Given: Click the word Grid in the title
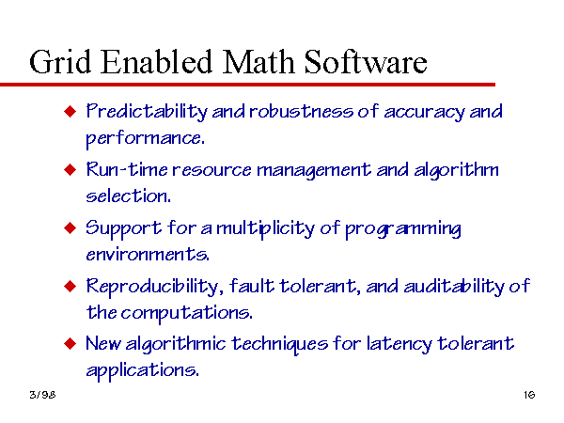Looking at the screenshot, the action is [x=60, y=62].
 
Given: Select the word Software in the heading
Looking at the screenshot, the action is [x=366, y=62].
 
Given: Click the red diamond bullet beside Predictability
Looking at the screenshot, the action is [x=70, y=111].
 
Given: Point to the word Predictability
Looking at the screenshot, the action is [x=147, y=112].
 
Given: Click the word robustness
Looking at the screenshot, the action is [x=301, y=111].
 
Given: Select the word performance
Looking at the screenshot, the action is [x=146, y=138].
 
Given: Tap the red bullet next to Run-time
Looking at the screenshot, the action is [x=70, y=169].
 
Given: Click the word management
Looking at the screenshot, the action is [x=313, y=170].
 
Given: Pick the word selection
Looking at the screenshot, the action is [x=128, y=196].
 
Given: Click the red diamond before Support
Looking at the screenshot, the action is [x=70, y=227].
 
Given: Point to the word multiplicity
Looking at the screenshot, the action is [x=265, y=228].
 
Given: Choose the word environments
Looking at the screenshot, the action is [x=148, y=255].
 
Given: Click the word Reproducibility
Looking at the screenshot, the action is [x=152, y=287].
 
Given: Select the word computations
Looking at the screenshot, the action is [x=187, y=313].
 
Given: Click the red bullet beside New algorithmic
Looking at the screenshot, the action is [x=70, y=343].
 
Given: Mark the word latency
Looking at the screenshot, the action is [x=399, y=344].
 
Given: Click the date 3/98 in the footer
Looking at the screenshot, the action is [x=42, y=395].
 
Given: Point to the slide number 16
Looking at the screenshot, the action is [x=529, y=395].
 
